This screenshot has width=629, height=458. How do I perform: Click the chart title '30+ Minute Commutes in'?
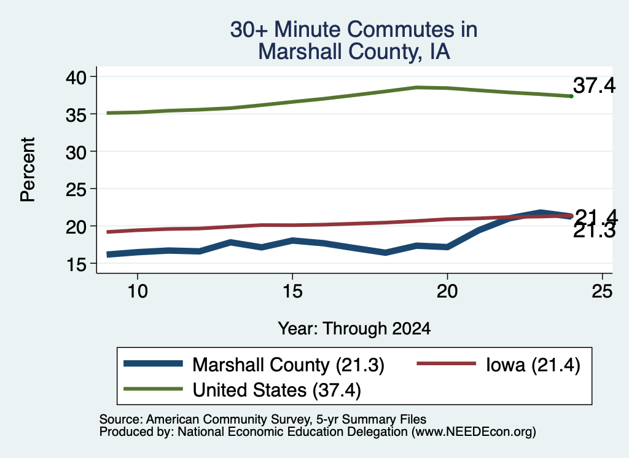pyautogui.click(x=354, y=30)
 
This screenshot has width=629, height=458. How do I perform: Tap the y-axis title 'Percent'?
pyautogui.click(x=28, y=170)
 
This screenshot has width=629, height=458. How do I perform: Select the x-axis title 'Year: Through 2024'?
pyautogui.click(x=354, y=328)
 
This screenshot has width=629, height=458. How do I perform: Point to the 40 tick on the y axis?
pyautogui.click(x=76, y=77)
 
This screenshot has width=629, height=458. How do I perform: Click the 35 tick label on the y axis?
pyautogui.click(x=76, y=115)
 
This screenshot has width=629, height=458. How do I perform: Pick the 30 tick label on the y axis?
pyautogui.click(x=76, y=152)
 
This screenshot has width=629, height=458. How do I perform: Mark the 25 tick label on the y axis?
pyautogui.click(x=76, y=189)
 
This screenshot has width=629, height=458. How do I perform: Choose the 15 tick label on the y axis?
pyautogui.click(x=76, y=264)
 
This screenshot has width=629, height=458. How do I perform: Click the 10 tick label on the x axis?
pyautogui.click(x=138, y=291)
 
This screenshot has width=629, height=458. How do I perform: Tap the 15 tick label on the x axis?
pyautogui.click(x=292, y=291)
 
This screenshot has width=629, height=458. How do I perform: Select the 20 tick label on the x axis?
pyautogui.click(x=447, y=291)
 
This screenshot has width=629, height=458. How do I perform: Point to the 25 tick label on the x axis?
pyautogui.click(x=602, y=291)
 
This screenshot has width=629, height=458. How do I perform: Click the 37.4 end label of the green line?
pyautogui.click(x=594, y=85)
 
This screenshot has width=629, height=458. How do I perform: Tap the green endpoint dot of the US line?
pyautogui.click(x=571, y=96)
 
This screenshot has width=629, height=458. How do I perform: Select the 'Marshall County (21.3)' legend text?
pyautogui.click(x=288, y=365)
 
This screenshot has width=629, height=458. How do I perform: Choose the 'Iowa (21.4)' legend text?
pyautogui.click(x=533, y=365)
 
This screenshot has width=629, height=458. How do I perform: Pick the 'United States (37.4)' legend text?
pyautogui.click(x=277, y=390)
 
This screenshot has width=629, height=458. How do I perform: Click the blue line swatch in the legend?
pyautogui.click(x=153, y=364)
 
